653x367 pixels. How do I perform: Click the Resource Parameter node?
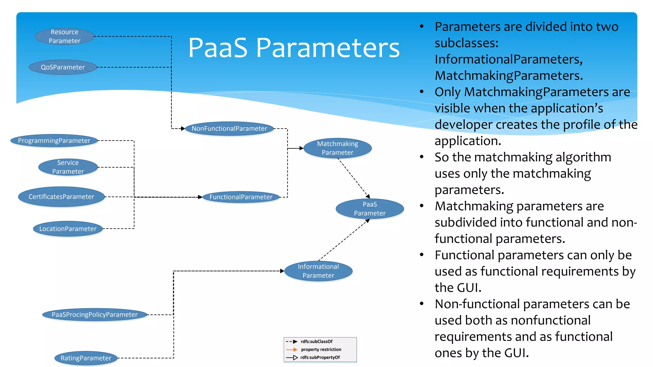pos(64,36)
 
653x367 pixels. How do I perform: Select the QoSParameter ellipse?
pos(63,67)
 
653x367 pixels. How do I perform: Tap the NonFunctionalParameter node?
pos(229,128)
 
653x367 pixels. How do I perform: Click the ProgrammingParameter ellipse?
pos(54,140)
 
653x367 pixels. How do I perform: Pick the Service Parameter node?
pos(68,167)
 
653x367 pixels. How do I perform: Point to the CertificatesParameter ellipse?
pos(61,197)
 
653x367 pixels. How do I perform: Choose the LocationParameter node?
pos(68,228)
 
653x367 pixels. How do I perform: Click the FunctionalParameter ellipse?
pos(241,197)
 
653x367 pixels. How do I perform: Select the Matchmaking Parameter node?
pos(337,148)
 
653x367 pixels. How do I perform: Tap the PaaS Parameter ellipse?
pos(370,209)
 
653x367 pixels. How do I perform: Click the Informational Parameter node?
pos(318,271)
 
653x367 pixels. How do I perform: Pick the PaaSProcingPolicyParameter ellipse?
pos(95,314)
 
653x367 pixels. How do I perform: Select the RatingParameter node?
pos(86,358)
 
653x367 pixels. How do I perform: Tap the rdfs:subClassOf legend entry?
pos(316,342)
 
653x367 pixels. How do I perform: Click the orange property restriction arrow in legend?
pos(292,349)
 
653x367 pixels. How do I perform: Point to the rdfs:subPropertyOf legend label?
pos(320,357)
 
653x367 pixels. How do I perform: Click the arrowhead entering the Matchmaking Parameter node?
pos(301,148)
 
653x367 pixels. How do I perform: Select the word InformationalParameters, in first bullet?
pos(509,59)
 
